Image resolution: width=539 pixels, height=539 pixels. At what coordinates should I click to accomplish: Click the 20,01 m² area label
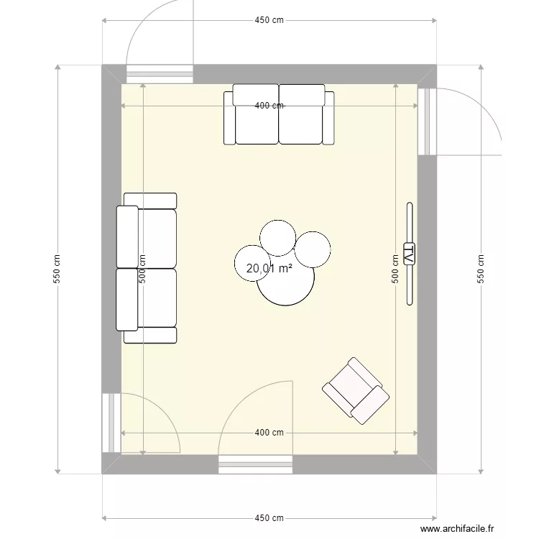coord(269,269)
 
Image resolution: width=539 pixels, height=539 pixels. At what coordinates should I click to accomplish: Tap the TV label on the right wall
coord(409,254)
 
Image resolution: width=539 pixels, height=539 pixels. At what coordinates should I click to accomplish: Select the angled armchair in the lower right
coord(356,391)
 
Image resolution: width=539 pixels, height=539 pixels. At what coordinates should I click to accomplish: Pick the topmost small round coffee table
coord(277,236)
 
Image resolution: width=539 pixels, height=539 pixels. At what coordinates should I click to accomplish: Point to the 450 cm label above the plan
coord(269,20)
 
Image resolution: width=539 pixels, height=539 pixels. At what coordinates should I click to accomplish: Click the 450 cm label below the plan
coord(269,518)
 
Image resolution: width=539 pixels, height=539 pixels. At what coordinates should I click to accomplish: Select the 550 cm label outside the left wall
coord(57,269)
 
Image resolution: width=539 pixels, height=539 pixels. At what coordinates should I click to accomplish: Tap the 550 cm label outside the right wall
coord(481,269)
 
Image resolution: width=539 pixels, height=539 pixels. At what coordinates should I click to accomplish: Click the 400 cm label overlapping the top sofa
coord(269,106)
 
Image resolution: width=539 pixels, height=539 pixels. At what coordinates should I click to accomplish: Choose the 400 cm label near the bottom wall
coord(269,433)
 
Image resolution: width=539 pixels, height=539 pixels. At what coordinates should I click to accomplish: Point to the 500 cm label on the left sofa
coord(142,269)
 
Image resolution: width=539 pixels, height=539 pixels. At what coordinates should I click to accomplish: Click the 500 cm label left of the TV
coord(395,269)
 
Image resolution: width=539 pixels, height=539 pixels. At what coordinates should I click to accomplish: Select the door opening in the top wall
coord(160,73)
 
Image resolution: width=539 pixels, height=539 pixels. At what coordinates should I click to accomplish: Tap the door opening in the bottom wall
coord(256,464)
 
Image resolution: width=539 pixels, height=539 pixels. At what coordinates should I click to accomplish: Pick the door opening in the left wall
coord(111,423)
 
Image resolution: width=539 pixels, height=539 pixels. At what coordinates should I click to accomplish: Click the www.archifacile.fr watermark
coord(458,528)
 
